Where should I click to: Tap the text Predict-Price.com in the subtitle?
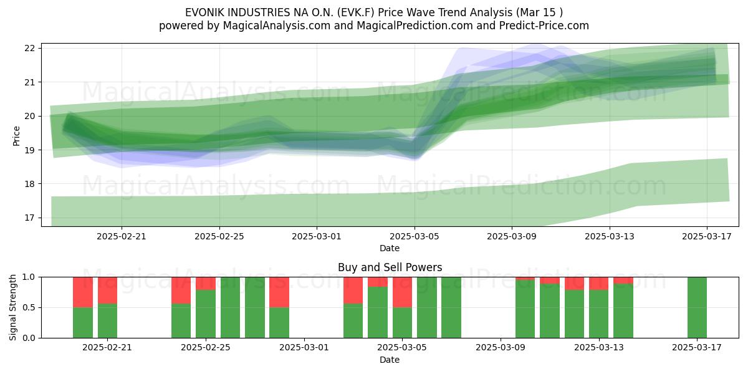(x=544, y=26)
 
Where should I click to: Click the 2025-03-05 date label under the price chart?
(x=415, y=236)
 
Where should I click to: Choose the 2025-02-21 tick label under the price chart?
(x=122, y=236)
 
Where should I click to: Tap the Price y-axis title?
(x=16, y=136)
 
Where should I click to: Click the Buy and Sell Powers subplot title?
(x=390, y=267)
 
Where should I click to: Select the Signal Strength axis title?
(x=12, y=307)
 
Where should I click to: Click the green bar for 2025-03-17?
(x=697, y=307)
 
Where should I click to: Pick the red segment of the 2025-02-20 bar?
(x=83, y=292)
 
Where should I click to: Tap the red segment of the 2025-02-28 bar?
(x=279, y=292)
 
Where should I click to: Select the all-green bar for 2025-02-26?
(x=230, y=307)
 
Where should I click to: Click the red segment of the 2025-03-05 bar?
(x=402, y=292)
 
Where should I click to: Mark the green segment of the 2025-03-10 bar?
(x=525, y=309)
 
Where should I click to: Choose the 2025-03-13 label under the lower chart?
(x=599, y=348)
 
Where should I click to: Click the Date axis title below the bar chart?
(x=390, y=360)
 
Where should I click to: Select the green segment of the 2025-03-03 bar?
(x=353, y=321)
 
